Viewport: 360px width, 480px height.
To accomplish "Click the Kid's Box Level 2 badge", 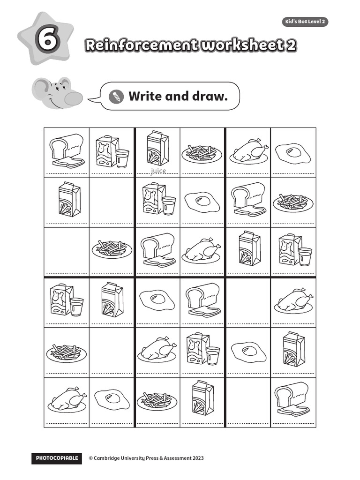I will [x=305, y=22].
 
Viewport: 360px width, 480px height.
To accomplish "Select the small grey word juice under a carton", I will [x=158, y=171].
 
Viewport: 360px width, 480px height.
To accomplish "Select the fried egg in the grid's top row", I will [x=292, y=152].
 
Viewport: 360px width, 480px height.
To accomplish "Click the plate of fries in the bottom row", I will [x=157, y=400].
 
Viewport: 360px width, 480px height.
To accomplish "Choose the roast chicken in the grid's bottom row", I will [x=67, y=400].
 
